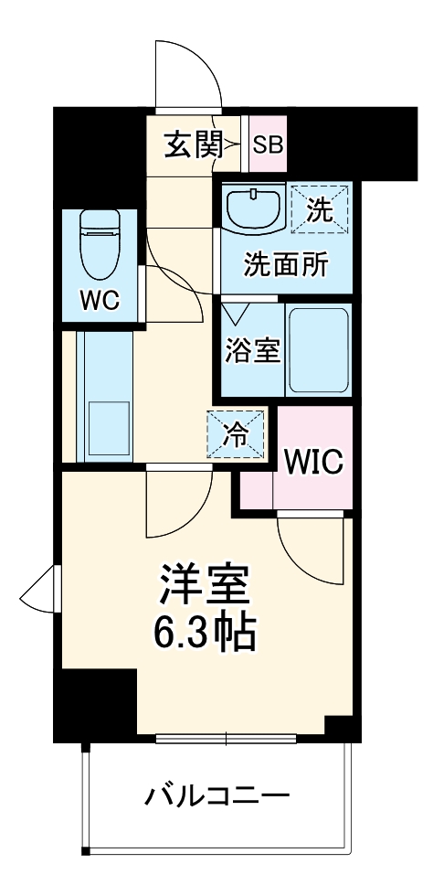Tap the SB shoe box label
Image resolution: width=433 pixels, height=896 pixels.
pos(268,144)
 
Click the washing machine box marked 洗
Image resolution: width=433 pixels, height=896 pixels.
pos(317,209)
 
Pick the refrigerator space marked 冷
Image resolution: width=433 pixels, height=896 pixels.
pos(236,433)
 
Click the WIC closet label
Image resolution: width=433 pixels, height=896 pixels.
pos(312,462)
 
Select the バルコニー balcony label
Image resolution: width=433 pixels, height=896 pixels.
pos(217,795)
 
